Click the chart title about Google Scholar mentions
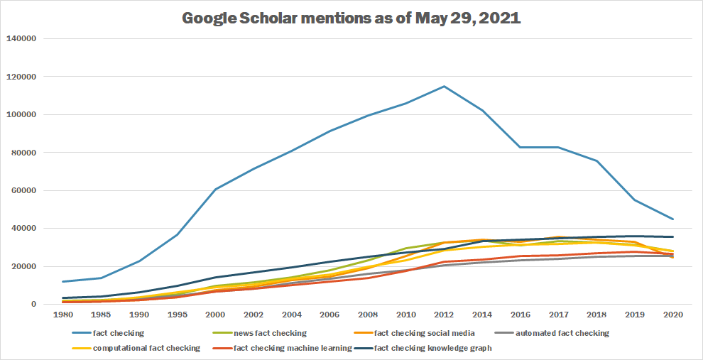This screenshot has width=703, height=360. tap(351, 18)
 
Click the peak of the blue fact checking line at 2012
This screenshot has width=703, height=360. tap(444, 87)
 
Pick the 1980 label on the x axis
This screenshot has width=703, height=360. tap(65, 315)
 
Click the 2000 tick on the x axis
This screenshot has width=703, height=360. tap(215, 315)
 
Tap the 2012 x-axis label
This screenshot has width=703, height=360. tap(444, 315)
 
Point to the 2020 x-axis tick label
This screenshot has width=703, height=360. tap(672, 315)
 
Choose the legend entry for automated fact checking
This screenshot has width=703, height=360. tap(561, 332)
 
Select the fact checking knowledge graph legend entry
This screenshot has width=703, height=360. tap(432, 348)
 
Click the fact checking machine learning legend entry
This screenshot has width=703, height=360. tap(292, 348)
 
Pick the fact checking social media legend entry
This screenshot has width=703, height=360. tap(423, 332)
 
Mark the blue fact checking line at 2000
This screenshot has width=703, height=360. tap(215, 189)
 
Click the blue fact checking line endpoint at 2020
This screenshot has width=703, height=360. tap(672, 219)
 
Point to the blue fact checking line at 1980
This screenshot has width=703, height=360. tap(65, 282)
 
